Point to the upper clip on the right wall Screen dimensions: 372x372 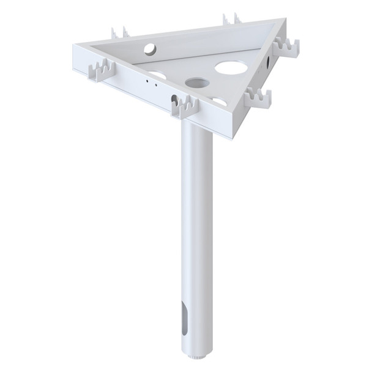(287, 46)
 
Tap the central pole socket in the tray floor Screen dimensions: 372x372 (196, 82)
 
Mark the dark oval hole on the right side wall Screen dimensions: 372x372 (269, 62)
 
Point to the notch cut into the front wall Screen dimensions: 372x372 (176, 99)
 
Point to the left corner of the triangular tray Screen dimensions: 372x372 (75, 46)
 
